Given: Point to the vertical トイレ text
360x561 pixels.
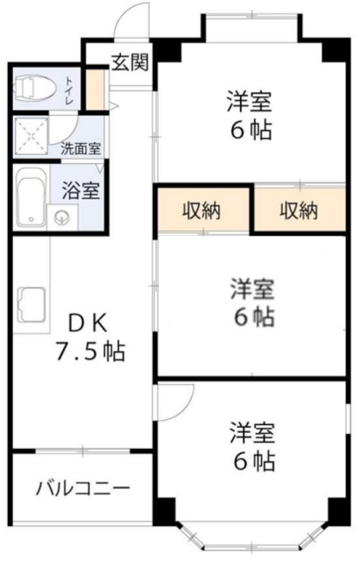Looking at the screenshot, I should click(69, 89).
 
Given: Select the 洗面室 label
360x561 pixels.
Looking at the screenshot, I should click(79, 150).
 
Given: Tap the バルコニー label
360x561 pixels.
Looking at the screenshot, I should click(82, 488).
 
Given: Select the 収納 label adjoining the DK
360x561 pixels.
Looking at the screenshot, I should click(202, 210).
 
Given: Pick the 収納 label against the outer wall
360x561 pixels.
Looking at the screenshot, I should click(300, 210).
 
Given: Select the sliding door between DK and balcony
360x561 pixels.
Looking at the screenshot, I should click(81, 451).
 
